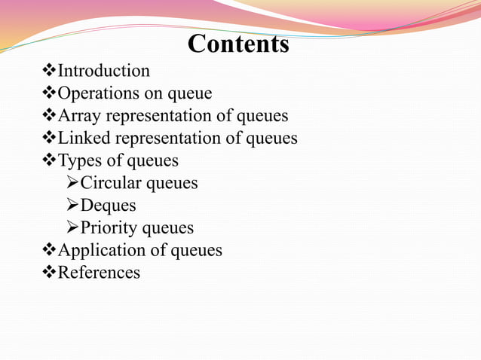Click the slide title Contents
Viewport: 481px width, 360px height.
tap(238, 44)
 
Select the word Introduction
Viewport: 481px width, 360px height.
tap(104, 71)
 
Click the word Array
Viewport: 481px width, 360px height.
tap(79, 116)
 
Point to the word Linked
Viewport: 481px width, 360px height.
tap(83, 139)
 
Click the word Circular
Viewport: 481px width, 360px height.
tap(111, 183)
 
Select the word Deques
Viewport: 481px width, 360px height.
tap(109, 205)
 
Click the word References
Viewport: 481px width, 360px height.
tap(99, 272)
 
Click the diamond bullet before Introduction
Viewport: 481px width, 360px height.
tap(51, 71)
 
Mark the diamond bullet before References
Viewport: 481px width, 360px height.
tap(51, 272)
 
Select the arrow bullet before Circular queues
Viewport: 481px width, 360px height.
tap(72, 183)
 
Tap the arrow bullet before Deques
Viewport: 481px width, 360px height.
tap(72, 205)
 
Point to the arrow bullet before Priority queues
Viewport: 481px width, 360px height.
tap(72, 227)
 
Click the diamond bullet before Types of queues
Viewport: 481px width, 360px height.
tap(51, 160)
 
